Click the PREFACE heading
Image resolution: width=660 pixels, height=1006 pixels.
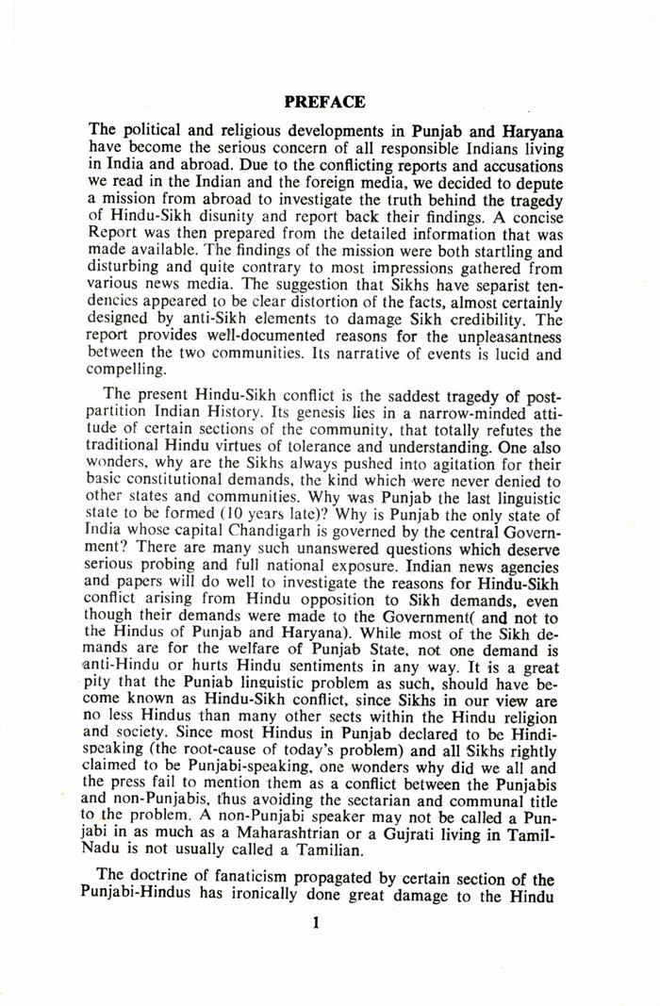point(324,101)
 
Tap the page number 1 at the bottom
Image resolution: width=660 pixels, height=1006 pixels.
point(316,923)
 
